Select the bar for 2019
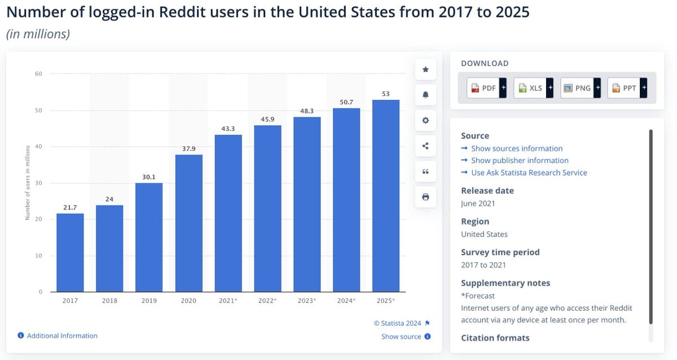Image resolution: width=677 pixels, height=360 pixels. [x=149, y=237]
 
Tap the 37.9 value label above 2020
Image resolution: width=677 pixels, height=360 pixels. [x=188, y=148]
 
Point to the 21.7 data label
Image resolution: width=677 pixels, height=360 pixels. [x=70, y=208]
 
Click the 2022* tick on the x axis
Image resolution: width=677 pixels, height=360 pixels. [x=267, y=301]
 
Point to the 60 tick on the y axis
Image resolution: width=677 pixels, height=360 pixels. [x=38, y=74]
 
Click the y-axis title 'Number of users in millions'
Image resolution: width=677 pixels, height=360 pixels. [x=27, y=183]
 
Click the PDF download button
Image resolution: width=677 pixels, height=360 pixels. [x=483, y=88]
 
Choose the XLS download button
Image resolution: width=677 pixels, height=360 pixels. [x=531, y=88]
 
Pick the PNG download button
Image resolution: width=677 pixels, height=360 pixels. [x=578, y=88]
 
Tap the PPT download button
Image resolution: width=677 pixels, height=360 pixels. [x=624, y=88]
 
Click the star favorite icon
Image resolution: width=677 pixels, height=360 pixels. [x=425, y=69]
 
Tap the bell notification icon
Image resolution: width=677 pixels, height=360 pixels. [x=425, y=95]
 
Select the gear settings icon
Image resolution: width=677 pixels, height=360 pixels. [x=425, y=120]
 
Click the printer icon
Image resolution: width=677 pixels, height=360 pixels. [x=425, y=197]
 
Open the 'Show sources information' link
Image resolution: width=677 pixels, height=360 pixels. [x=517, y=148]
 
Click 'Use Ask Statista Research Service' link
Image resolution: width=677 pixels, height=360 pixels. [x=529, y=173]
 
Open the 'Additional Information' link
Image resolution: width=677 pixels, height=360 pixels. [x=62, y=336]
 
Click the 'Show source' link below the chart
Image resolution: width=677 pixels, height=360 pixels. [x=401, y=337]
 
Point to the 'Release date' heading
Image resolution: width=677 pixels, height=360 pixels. [x=487, y=191]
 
